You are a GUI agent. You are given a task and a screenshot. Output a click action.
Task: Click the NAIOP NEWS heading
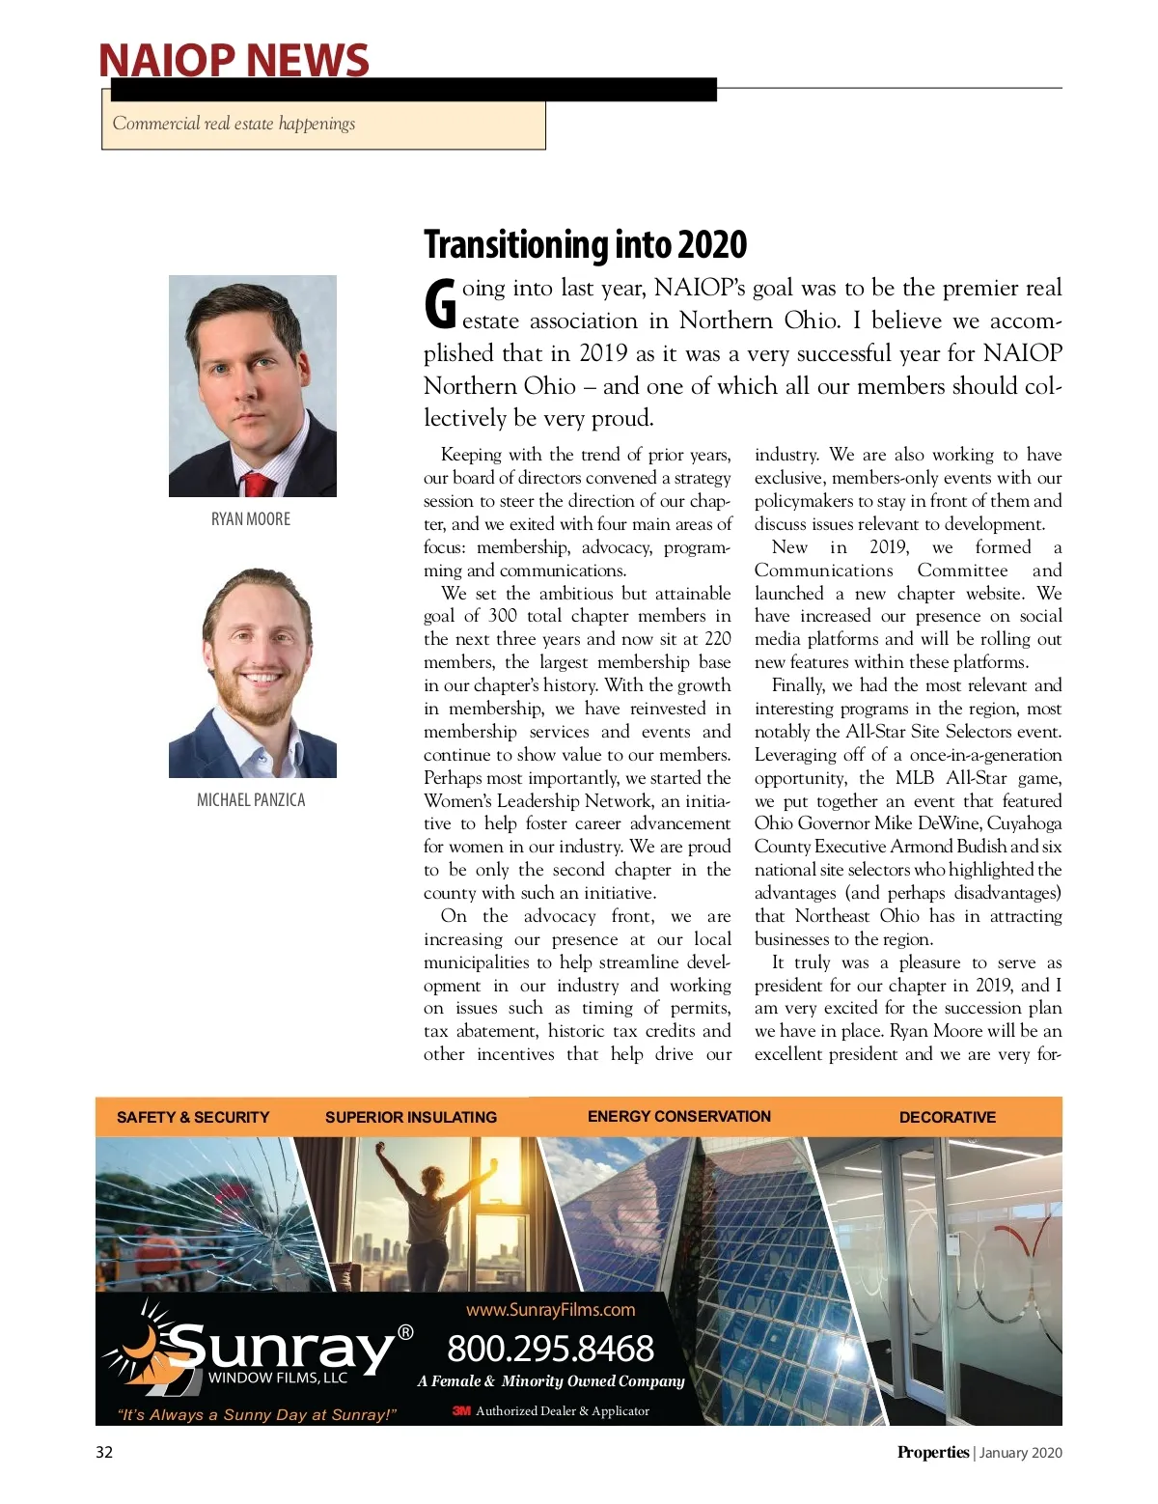tap(234, 60)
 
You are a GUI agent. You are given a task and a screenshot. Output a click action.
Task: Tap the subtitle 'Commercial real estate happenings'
tap(234, 124)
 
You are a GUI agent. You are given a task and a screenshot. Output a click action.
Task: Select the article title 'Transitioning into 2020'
tap(585, 245)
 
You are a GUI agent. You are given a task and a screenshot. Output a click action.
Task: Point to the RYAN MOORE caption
tap(251, 519)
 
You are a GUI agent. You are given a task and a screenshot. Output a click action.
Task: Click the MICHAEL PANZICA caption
tap(251, 800)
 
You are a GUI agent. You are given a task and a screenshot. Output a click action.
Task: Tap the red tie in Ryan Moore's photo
tap(256, 484)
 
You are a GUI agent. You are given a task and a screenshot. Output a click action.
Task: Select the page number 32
tap(104, 1452)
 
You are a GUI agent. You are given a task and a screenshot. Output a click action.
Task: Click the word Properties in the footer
tap(932, 1452)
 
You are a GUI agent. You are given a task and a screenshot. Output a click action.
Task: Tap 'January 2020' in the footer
tap(1021, 1453)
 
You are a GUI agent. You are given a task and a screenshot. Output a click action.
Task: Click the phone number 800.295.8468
tap(550, 1349)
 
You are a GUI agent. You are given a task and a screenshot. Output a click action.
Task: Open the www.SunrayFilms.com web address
tap(551, 1310)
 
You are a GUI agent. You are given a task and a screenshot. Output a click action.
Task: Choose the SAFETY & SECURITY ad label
tap(193, 1117)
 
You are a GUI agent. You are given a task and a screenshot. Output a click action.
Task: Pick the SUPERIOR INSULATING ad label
tap(411, 1117)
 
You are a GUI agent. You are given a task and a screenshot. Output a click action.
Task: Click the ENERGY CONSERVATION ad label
tap(679, 1116)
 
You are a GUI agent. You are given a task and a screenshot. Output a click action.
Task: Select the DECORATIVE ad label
tap(948, 1117)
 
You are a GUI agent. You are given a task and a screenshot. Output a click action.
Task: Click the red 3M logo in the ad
tap(461, 1411)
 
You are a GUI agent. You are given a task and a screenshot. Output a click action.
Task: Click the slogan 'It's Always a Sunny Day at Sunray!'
tap(257, 1415)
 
